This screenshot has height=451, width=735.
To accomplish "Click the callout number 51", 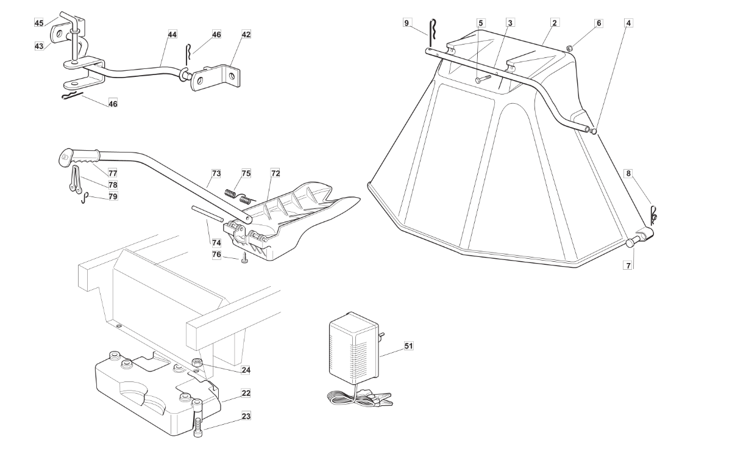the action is point(408,346).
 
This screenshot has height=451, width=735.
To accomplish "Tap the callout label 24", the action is point(246,370).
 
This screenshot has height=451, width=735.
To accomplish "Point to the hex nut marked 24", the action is point(196,363).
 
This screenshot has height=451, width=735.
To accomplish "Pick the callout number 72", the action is point(275,173).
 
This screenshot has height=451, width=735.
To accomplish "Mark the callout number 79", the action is point(113,197).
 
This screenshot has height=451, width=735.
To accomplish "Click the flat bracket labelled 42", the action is point(215,78).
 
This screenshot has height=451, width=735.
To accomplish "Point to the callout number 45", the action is point(39,23).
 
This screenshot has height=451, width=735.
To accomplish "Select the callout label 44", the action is point(172,34).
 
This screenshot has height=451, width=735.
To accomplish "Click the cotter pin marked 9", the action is point(433,34).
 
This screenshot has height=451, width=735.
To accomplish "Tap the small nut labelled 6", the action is point(570,49).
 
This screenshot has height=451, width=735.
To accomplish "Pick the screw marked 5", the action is point(483,79).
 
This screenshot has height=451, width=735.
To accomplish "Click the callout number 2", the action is point(555,23).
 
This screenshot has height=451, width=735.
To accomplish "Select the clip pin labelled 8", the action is point(653,216).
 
